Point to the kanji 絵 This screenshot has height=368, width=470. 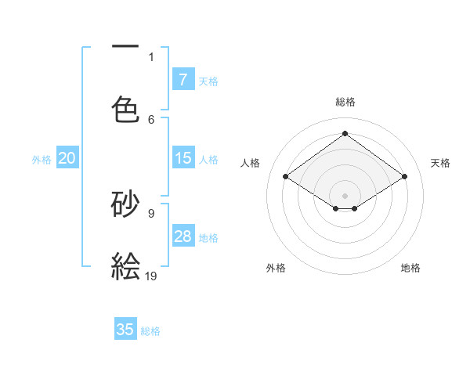[x=125, y=265]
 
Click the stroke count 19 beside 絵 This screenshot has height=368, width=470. [x=152, y=275]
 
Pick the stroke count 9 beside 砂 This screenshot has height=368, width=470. [x=151, y=213]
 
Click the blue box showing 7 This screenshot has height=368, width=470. [x=183, y=79]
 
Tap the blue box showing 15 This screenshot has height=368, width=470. [x=183, y=158]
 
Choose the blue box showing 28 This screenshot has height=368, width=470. [x=183, y=236]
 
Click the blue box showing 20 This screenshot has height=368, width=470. [x=67, y=158]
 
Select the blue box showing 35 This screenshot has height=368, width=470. [x=125, y=330]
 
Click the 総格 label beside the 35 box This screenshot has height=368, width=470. [x=150, y=331]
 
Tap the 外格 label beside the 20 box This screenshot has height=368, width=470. [x=42, y=160]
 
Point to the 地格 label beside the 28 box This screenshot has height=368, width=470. [x=208, y=238]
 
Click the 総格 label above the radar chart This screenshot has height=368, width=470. [x=345, y=102]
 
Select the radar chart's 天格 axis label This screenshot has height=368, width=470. [x=440, y=163]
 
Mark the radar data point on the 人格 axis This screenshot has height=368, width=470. [x=286, y=177]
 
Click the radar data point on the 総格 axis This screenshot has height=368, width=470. [x=345, y=134]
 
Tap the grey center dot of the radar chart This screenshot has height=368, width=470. [x=345, y=195]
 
